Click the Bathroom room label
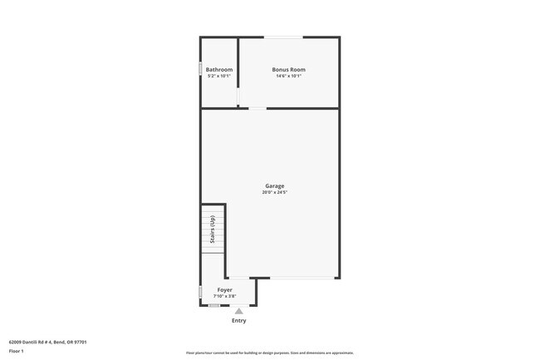pos(219,70)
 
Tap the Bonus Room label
pos(289,70)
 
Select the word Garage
pos(275,186)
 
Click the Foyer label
pos(224,290)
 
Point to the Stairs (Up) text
pos(214,229)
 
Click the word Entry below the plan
pos(238,320)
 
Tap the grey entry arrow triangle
pos(238,311)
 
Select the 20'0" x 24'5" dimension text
pos(275,193)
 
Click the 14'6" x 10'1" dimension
pos(289,76)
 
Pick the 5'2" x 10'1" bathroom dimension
pos(219,76)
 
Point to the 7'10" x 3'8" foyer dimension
pos(224,296)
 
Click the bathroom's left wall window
pos(200,68)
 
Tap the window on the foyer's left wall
pos(200,292)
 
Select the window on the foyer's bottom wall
pos(214,305)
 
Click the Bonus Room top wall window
pos(283,37)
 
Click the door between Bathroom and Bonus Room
pos(238,93)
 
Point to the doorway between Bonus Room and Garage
pos(258,107)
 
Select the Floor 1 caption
pos(17,352)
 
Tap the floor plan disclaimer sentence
pos(270,353)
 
